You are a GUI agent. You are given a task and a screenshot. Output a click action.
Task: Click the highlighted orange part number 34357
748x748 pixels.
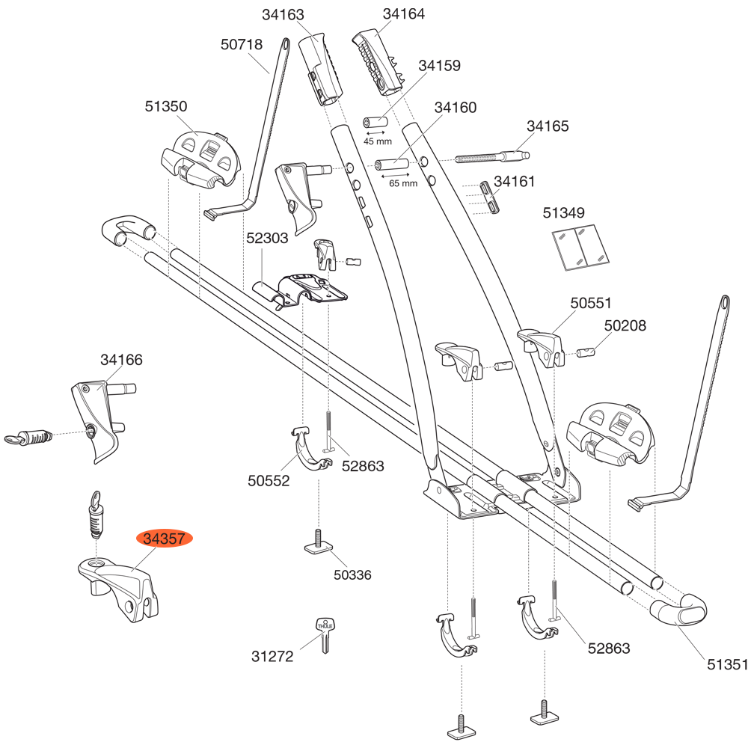(x=164, y=539)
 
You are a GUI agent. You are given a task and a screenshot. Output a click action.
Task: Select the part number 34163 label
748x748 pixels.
(x=283, y=15)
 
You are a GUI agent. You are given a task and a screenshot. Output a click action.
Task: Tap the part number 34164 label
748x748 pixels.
(x=403, y=14)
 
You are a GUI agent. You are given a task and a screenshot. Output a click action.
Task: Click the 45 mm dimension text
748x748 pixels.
(x=378, y=141)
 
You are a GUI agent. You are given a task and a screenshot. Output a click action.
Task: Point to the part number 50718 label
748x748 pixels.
(x=242, y=45)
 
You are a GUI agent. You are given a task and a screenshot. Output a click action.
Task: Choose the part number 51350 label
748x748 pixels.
(x=166, y=107)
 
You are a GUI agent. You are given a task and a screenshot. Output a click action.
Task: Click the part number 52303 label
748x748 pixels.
(x=267, y=238)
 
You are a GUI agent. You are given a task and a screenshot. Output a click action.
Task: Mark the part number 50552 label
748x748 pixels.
(x=269, y=481)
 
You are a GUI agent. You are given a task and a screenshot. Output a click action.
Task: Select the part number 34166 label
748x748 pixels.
(x=121, y=360)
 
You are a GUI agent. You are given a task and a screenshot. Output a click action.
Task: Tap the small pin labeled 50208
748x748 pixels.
(x=589, y=349)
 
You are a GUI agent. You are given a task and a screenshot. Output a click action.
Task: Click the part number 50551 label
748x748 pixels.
(x=591, y=303)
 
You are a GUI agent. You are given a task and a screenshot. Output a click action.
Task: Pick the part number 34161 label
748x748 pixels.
(x=515, y=181)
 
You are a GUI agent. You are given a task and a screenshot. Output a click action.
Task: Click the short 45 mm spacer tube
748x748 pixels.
(x=376, y=122)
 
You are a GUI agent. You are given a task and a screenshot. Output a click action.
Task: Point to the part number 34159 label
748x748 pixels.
(x=439, y=66)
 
